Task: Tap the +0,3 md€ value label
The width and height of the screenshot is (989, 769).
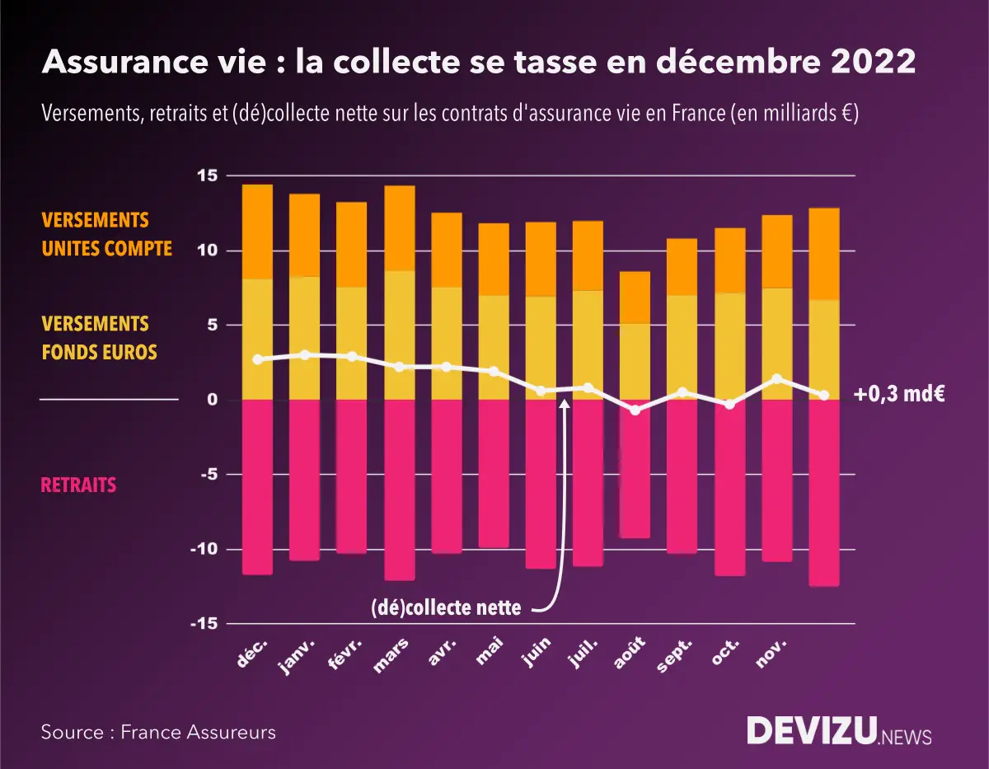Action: [x=899, y=395]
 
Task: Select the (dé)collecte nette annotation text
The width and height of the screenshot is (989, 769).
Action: [x=446, y=609]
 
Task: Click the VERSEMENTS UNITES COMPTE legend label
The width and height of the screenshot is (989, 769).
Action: [x=107, y=234]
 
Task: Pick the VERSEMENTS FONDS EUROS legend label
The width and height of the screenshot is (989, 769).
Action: [x=100, y=338]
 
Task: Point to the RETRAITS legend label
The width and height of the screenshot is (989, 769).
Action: [x=78, y=485]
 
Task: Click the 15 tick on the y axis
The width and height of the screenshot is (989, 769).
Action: [x=207, y=176]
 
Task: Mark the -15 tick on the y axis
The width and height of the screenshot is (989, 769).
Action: [x=204, y=624]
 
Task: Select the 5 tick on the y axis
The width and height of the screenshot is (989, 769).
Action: [x=211, y=325]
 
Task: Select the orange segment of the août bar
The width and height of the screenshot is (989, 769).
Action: [x=635, y=297]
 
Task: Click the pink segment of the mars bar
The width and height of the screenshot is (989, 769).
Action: [x=400, y=490]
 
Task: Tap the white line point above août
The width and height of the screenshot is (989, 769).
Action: [x=635, y=410]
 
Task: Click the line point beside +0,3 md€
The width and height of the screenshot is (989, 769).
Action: [x=824, y=396]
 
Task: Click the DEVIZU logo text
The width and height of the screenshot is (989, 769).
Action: [x=811, y=731]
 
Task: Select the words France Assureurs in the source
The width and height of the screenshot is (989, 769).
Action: [x=198, y=732]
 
